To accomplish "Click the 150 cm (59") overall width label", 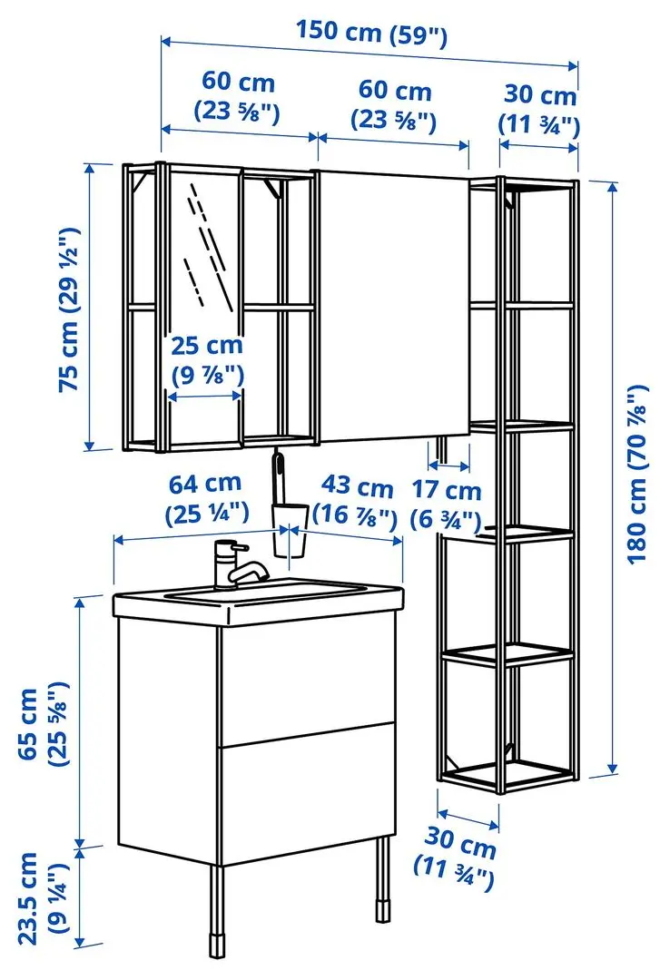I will [371, 34].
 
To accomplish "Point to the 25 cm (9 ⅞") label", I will [208, 359].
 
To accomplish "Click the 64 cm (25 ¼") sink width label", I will [206, 498].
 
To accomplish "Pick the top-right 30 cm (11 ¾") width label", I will [539, 109].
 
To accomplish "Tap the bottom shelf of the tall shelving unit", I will [505, 771].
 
